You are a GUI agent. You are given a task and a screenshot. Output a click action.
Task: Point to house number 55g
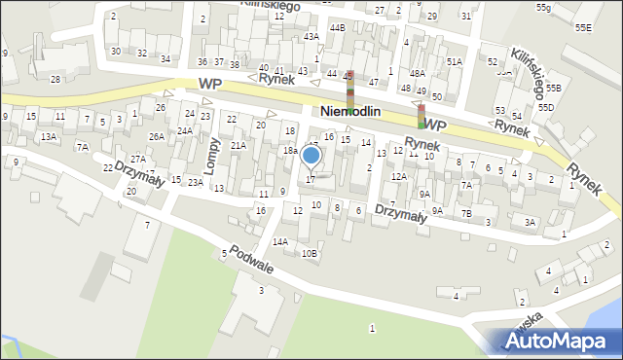(543, 8)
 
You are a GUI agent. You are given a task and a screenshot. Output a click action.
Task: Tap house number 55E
(583, 28)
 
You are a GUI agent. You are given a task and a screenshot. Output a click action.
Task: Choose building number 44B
(337, 27)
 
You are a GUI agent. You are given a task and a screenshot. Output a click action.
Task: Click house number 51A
(454, 61)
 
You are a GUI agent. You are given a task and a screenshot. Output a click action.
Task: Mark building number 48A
(417, 74)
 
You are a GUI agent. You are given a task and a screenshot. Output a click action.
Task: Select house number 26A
(157, 137)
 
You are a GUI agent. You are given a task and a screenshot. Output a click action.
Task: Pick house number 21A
(238, 145)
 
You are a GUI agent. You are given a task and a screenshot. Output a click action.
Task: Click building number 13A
(48, 137)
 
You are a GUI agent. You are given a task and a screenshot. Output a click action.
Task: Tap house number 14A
(280, 241)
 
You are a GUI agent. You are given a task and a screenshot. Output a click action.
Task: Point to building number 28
(55, 79)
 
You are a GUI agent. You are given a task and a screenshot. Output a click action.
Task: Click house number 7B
(466, 213)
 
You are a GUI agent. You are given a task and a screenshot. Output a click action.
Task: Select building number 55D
(546, 107)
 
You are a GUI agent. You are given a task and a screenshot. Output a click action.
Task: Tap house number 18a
(290, 151)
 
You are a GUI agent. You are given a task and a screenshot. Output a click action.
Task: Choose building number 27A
(138, 159)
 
